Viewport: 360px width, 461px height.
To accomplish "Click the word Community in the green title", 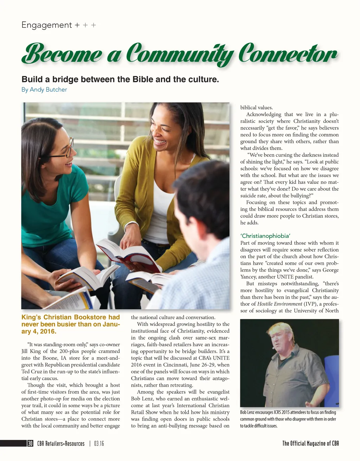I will point(179,55).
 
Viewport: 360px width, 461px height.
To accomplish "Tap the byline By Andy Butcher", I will point(44,90).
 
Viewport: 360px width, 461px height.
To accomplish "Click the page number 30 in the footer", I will point(30,443).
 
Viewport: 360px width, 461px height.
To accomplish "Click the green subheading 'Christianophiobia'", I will point(265,236).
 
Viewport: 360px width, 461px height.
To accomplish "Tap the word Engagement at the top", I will point(46,25).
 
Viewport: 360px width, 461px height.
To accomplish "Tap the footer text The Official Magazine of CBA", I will point(310,443).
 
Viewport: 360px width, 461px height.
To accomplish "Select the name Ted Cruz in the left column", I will point(30,372).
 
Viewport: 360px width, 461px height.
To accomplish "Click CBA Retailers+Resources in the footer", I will point(61,443).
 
